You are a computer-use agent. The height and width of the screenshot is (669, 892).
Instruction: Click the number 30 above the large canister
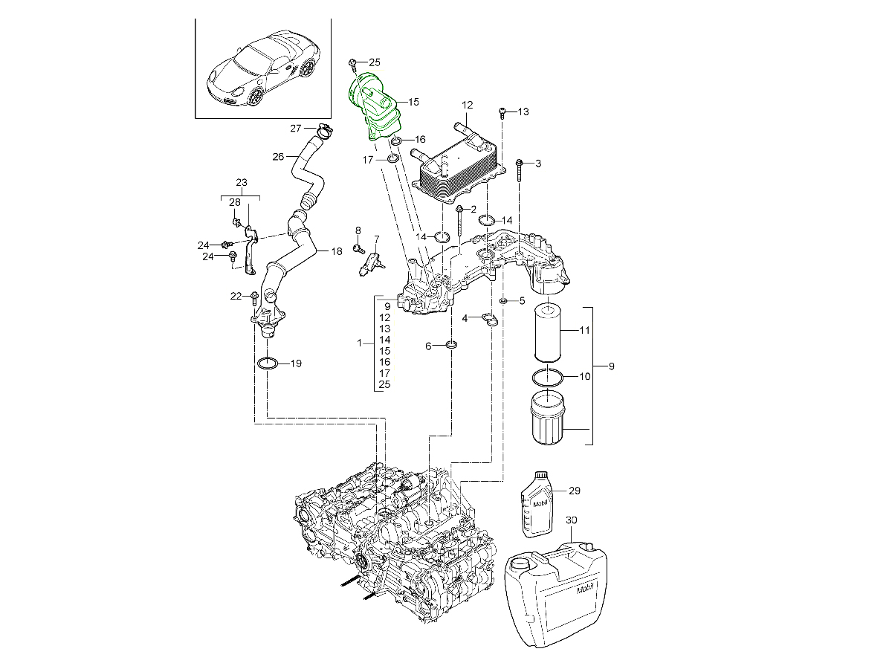coord(571,520)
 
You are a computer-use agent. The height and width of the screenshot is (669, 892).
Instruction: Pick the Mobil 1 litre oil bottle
coord(538,503)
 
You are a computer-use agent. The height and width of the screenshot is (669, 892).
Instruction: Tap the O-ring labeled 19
coord(268,363)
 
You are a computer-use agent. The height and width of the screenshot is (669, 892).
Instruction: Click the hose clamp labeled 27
coord(323,131)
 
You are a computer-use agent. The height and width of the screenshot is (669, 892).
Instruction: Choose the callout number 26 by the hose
coord(279,157)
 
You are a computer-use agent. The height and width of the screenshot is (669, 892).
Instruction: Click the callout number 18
coord(336,251)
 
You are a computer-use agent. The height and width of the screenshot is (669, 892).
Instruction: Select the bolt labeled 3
coord(519,169)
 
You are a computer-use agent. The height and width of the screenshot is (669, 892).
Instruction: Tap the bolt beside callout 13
coord(502,112)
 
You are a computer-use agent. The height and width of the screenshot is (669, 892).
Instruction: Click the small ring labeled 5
coord(503,301)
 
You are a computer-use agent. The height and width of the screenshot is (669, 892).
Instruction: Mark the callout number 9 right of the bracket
coord(612,366)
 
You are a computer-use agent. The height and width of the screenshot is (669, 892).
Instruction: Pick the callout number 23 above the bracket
coord(241,182)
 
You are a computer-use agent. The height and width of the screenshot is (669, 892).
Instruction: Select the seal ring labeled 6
coord(451,346)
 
